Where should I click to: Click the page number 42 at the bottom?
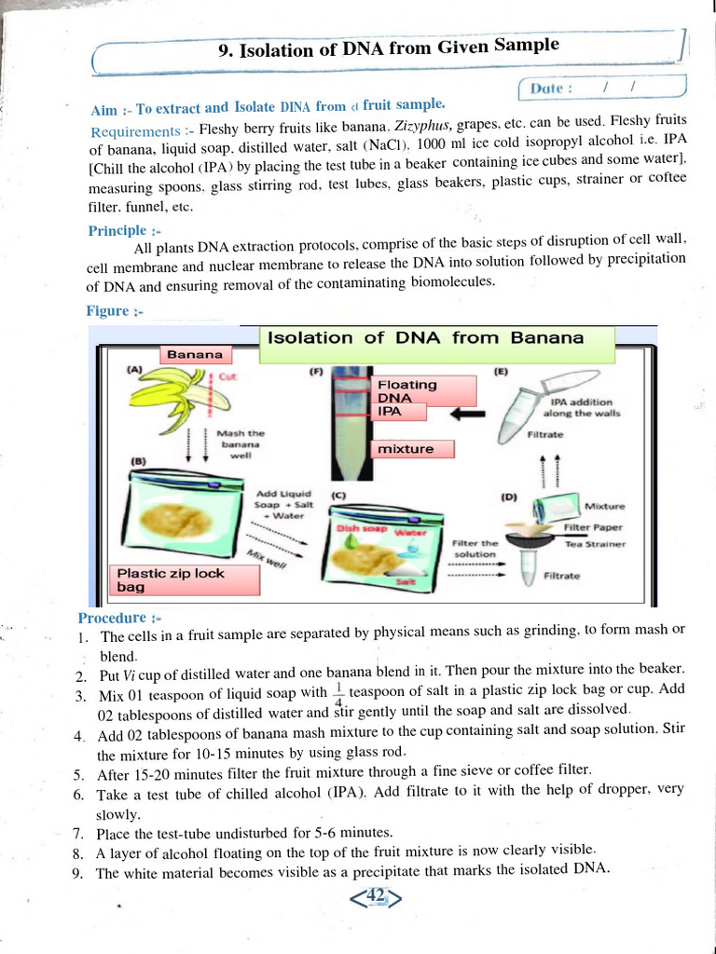[x=376, y=896]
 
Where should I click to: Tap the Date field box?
[x=601, y=89]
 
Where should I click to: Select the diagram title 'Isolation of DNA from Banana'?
[x=426, y=338]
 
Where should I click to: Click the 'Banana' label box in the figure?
[x=195, y=354]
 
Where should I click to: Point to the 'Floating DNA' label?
[x=406, y=390]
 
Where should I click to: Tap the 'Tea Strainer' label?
[x=596, y=544]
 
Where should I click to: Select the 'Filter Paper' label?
[x=593, y=527]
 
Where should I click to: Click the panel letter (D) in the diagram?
[x=509, y=497]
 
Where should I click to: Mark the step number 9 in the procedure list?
[x=77, y=873]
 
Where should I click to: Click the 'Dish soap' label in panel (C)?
[x=354, y=529]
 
